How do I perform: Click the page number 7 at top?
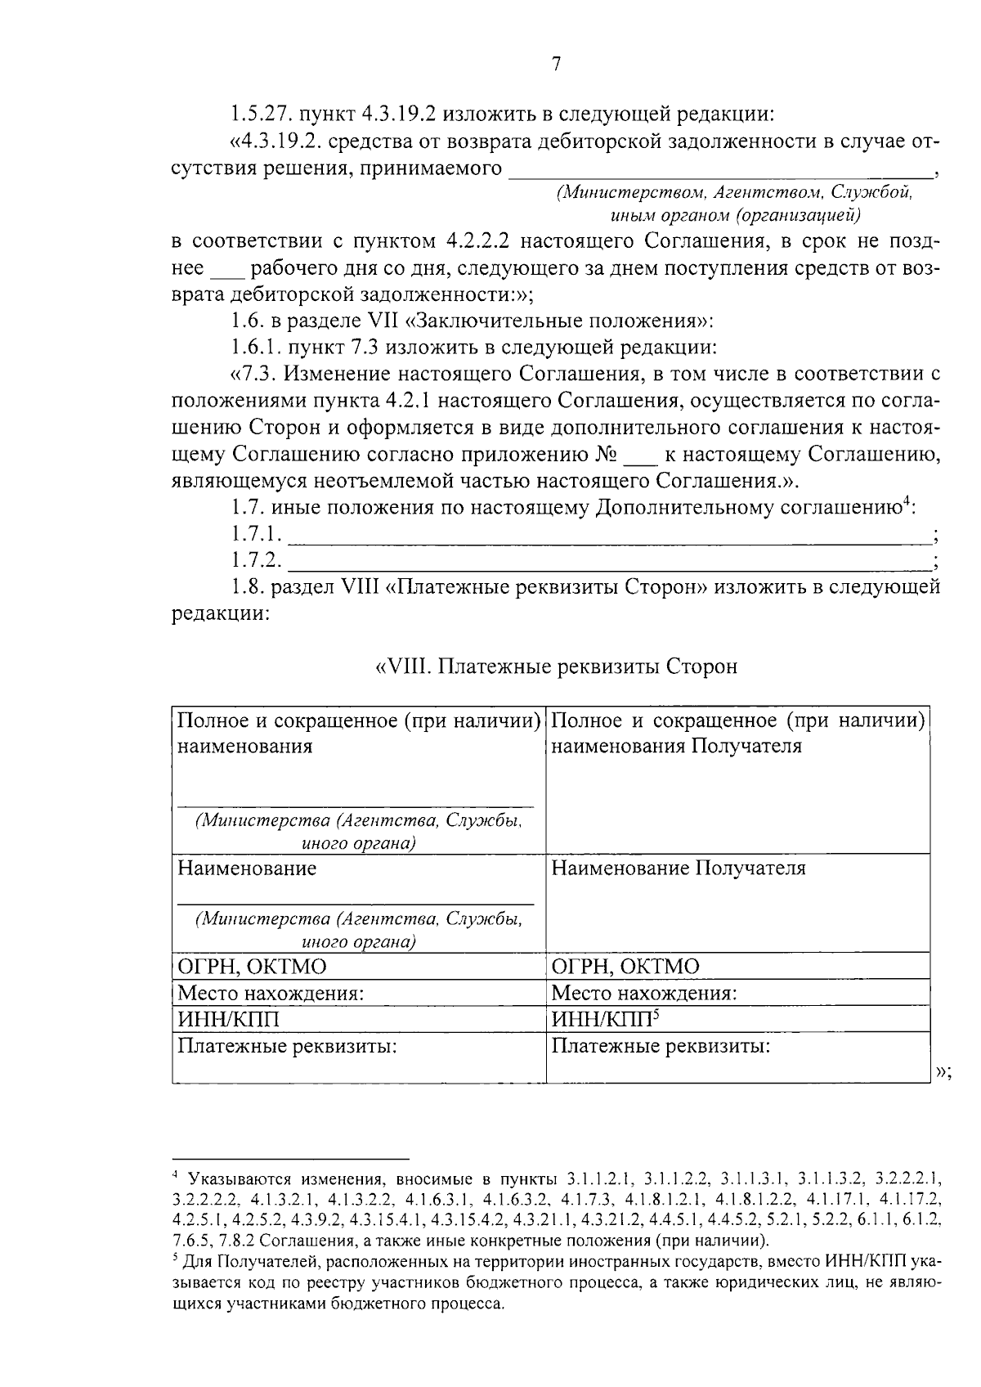coord(556,64)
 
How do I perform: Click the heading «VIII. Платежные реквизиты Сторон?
coord(556,667)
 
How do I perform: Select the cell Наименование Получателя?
coord(679,869)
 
